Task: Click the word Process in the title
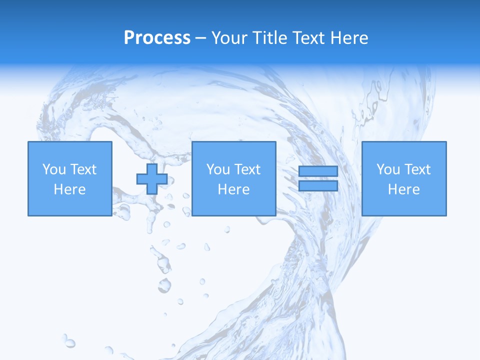tap(157, 38)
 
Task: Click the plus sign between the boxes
tap(152, 179)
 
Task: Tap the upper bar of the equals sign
tap(318, 171)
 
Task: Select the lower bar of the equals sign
tap(318, 186)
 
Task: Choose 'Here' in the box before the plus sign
tap(69, 189)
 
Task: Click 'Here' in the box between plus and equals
tap(233, 189)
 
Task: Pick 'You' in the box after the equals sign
tap(388, 169)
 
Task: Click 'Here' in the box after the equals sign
tap(403, 189)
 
